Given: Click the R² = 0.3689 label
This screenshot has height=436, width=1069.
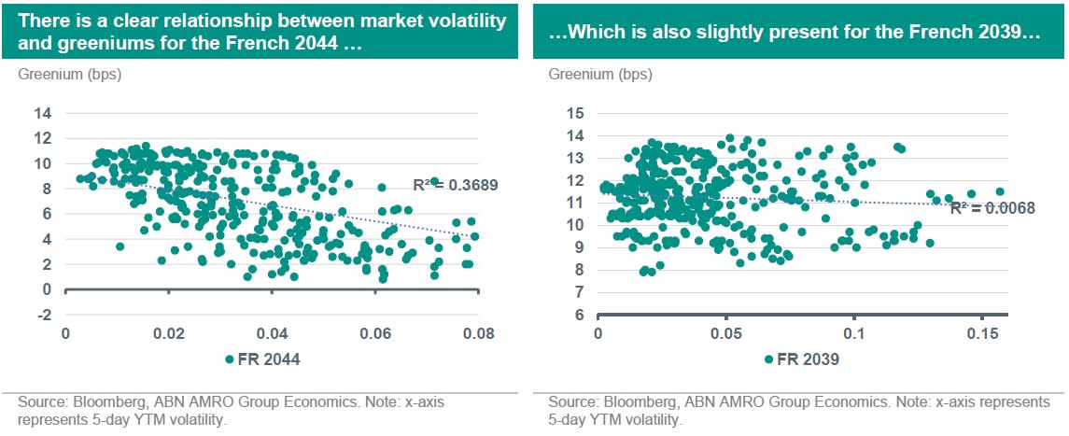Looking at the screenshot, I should (455, 185).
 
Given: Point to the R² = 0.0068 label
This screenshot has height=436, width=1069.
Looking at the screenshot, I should (992, 208).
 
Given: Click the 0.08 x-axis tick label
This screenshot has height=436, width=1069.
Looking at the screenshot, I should (478, 333).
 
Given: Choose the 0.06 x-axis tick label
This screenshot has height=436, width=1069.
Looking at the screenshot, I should (375, 333).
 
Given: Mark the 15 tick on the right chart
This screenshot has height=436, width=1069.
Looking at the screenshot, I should (576, 114).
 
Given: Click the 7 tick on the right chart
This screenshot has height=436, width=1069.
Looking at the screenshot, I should (580, 292).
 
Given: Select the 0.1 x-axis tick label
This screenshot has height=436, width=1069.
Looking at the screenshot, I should (853, 333).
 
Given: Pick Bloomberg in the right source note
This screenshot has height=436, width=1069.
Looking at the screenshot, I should (630, 402).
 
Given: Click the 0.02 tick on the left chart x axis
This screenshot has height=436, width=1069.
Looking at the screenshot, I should (169, 333).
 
